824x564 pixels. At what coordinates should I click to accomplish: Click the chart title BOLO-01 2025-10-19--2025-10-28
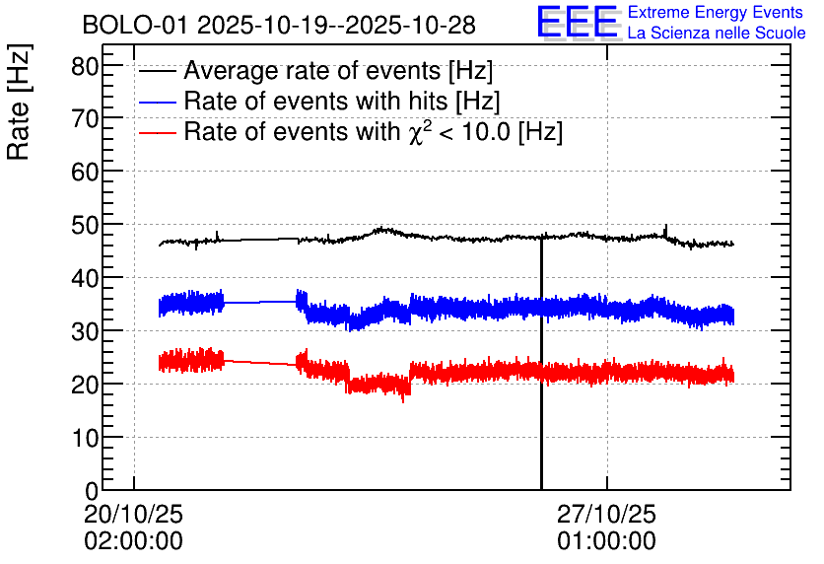tap(279, 26)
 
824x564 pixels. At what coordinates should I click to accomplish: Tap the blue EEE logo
tap(578, 23)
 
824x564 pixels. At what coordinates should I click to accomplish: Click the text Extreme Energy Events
tap(716, 12)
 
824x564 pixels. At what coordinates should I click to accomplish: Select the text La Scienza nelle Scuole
tap(717, 33)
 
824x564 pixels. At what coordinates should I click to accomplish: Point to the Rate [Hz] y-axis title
tap(19, 102)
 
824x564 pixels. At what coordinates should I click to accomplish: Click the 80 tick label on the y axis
tap(85, 66)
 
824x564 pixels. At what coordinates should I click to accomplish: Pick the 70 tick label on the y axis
tap(85, 119)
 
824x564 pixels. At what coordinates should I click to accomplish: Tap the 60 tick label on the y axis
tap(85, 172)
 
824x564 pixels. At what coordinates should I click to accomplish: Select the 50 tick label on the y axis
tap(85, 226)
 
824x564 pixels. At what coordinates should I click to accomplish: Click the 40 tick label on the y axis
tap(85, 279)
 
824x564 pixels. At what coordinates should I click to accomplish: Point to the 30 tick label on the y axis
tap(85, 331)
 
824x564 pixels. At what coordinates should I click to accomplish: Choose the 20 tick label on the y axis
tap(85, 386)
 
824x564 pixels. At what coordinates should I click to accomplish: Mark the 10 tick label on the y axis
tap(85, 438)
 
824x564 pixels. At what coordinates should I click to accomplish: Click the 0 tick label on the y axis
tap(92, 491)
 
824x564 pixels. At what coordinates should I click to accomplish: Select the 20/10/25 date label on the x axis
tap(133, 514)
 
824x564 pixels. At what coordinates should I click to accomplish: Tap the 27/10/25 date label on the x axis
tap(606, 514)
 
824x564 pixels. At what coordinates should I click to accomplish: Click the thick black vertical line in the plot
tap(541, 363)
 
